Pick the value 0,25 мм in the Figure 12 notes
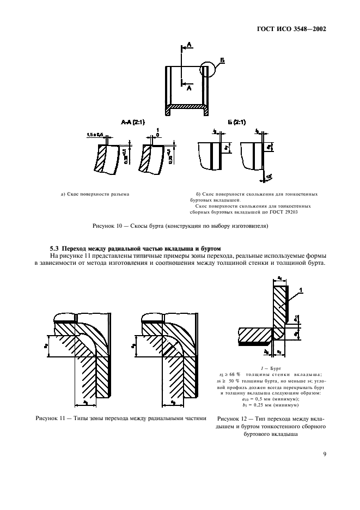pyautogui.click(x=288, y=405)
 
